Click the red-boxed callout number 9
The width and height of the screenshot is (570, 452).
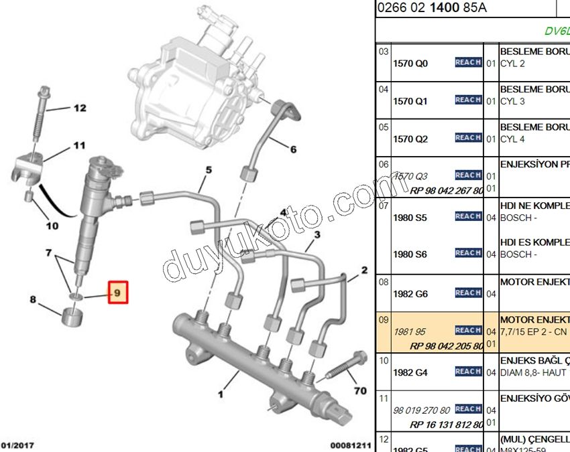(x=117, y=293)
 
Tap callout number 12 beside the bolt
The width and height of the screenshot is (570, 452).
(x=80, y=108)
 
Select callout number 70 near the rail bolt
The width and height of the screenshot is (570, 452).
(x=360, y=390)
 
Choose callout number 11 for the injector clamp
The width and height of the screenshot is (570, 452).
(x=80, y=145)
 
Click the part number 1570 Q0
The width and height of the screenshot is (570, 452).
(x=410, y=64)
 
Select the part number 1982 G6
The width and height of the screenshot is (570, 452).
(x=410, y=294)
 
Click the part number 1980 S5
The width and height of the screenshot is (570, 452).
(x=410, y=218)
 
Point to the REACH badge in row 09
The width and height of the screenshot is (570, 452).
(x=468, y=330)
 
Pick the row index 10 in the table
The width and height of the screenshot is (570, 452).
(x=384, y=360)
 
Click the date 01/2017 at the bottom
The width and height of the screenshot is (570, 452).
(x=18, y=445)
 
